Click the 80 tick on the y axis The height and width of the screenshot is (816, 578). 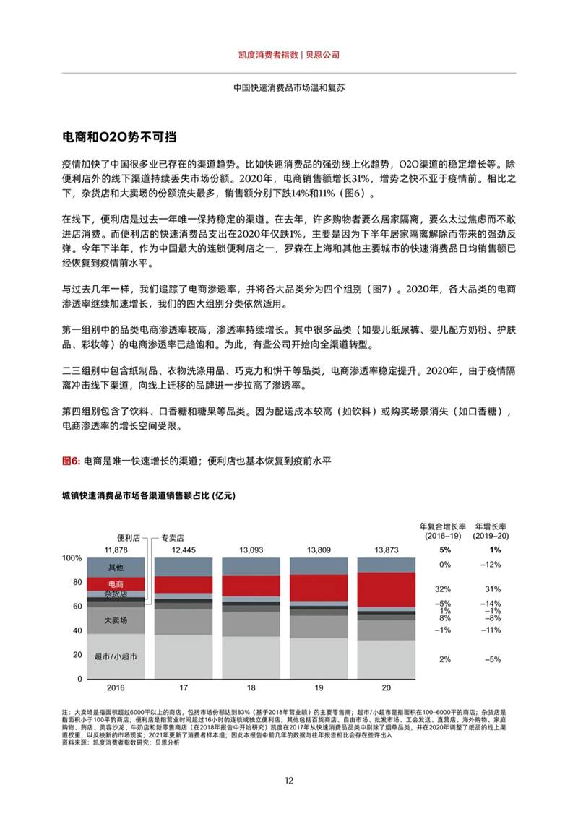(x=77, y=582)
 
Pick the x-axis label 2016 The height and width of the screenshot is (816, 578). (x=116, y=687)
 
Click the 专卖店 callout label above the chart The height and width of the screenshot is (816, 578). (x=173, y=537)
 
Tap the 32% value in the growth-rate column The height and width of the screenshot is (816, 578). (x=444, y=589)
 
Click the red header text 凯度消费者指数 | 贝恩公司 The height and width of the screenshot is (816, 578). (x=289, y=54)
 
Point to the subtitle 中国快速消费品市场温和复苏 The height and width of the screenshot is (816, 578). (x=289, y=87)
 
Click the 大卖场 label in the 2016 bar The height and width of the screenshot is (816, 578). (x=116, y=620)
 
